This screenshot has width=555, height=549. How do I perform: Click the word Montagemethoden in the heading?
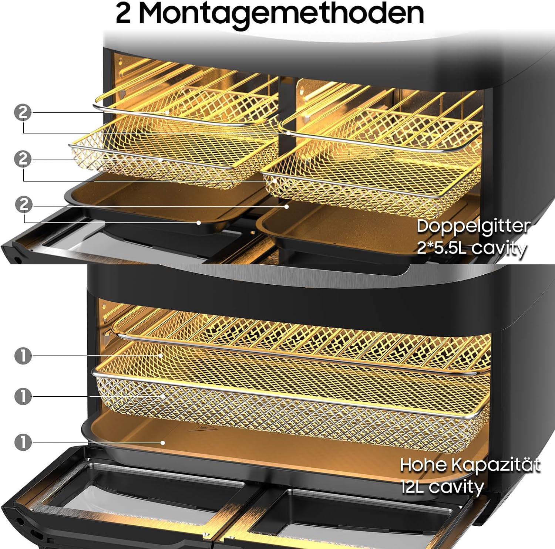[281, 14]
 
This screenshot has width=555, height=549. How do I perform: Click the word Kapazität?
[496, 465]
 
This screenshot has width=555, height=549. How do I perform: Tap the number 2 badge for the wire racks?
[23, 112]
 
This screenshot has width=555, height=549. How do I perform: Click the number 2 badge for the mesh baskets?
[23, 159]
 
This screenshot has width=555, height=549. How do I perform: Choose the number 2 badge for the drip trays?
[24, 204]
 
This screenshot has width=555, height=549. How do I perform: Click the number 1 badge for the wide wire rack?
[23, 356]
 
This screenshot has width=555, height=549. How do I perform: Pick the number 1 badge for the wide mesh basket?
[23, 397]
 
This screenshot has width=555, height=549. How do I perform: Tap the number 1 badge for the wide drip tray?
[23, 443]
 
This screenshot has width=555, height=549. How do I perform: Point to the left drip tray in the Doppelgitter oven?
[163, 205]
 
